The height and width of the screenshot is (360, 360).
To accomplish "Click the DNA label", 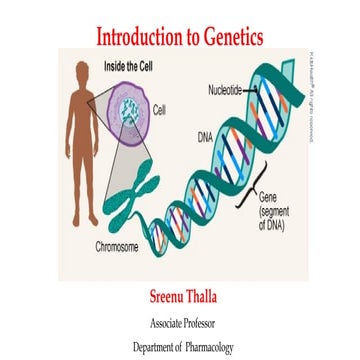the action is pyautogui.click(x=204, y=135).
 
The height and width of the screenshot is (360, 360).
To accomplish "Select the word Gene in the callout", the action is pyautogui.click(x=268, y=197).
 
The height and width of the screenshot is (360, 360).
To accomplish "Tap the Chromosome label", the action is pyautogui.click(x=117, y=245).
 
